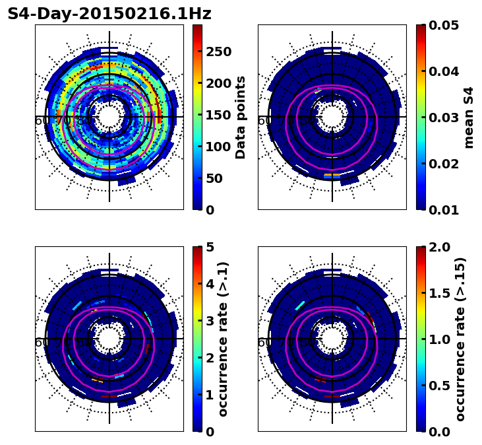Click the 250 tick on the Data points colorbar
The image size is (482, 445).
(x=219, y=51)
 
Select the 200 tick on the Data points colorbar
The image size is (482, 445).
(x=219, y=83)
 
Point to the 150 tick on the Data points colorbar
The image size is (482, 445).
(x=219, y=115)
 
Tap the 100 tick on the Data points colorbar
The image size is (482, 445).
(x=219, y=147)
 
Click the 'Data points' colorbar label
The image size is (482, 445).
(x=241, y=118)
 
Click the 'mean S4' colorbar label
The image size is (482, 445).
(x=469, y=118)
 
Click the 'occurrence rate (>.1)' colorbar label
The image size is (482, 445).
(x=223, y=339)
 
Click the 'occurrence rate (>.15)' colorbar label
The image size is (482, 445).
(x=460, y=339)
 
